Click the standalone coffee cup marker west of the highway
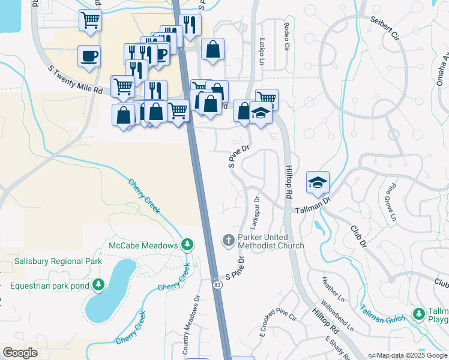pos(89,57)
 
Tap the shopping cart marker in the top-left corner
pos(90,19)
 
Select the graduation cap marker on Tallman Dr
pos(318,182)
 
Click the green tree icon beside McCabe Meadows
pos(187,245)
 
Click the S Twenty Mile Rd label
pos(76,80)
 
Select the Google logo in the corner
pos(20,352)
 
